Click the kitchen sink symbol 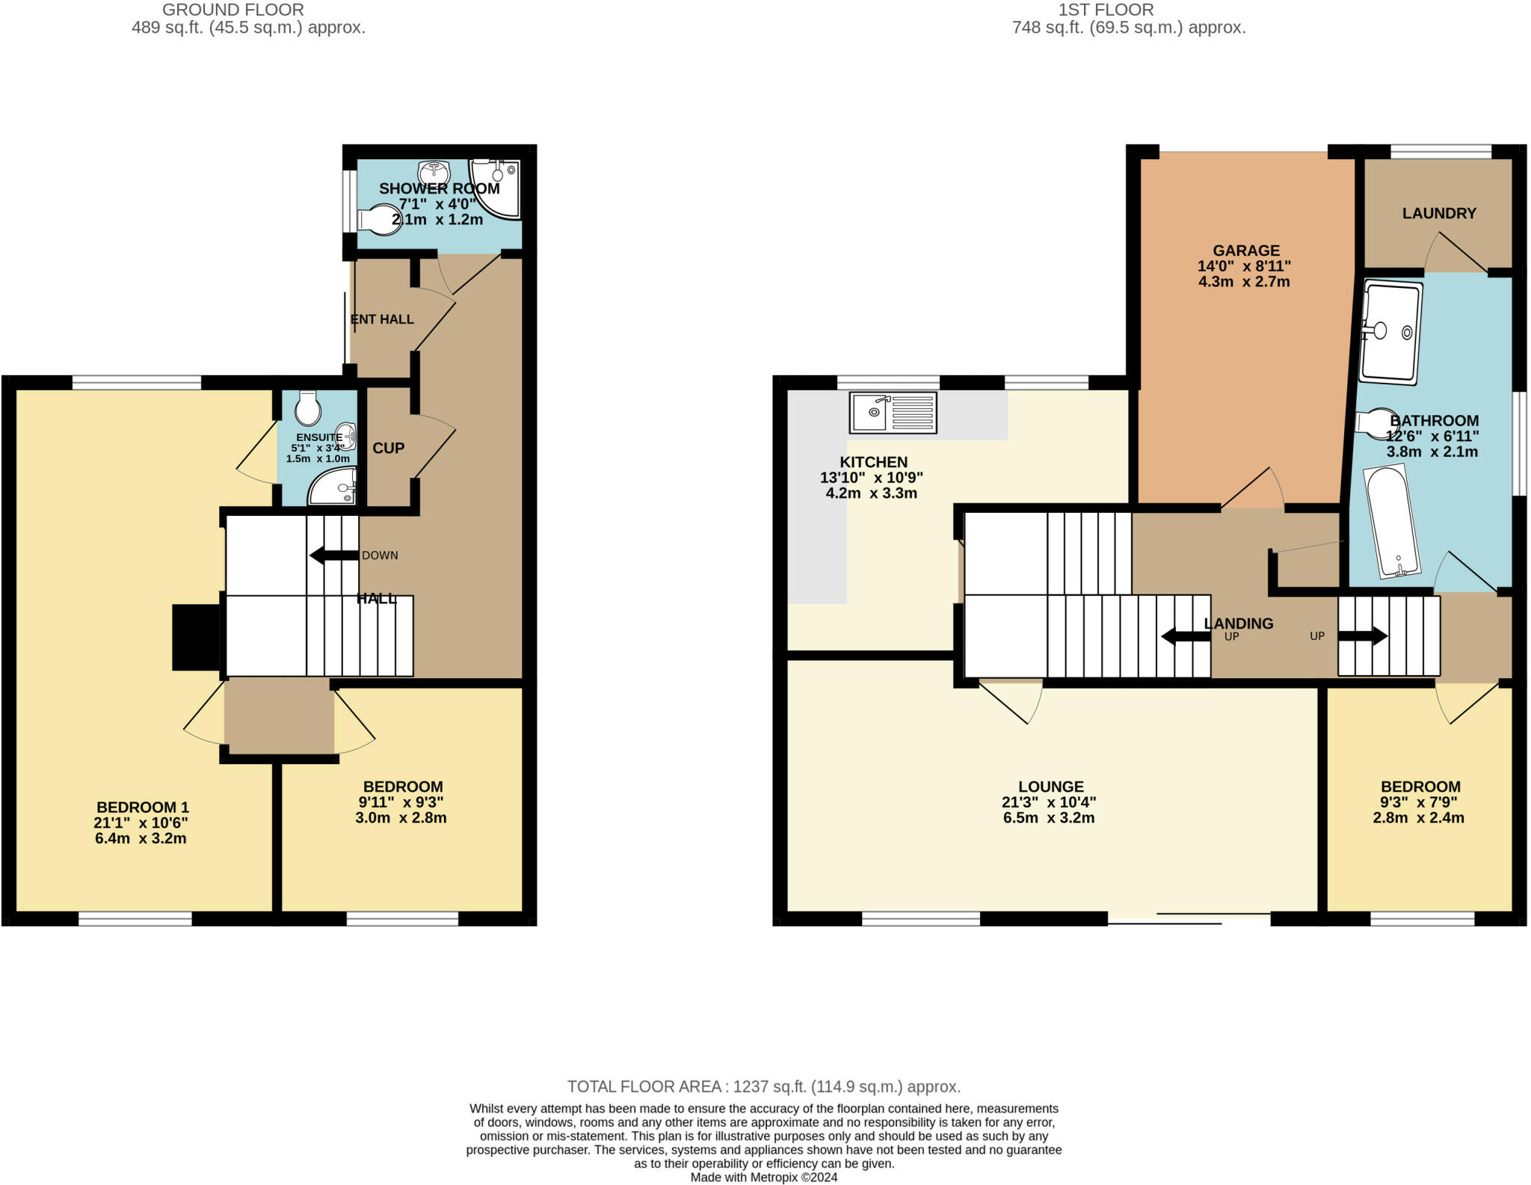(893, 413)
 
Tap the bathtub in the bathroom (1391, 522)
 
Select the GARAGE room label (1245, 250)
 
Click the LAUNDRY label (1438, 214)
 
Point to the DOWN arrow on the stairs (333, 555)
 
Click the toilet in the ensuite (307, 408)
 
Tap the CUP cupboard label (388, 448)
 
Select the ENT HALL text (382, 319)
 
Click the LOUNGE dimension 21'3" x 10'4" (1049, 802)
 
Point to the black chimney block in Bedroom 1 (196, 637)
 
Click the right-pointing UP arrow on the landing (1362, 636)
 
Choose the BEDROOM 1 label (142, 807)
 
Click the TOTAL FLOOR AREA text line (763, 1086)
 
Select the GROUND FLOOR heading (232, 10)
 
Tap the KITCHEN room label (873, 462)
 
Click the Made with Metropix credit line (763, 1178)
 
